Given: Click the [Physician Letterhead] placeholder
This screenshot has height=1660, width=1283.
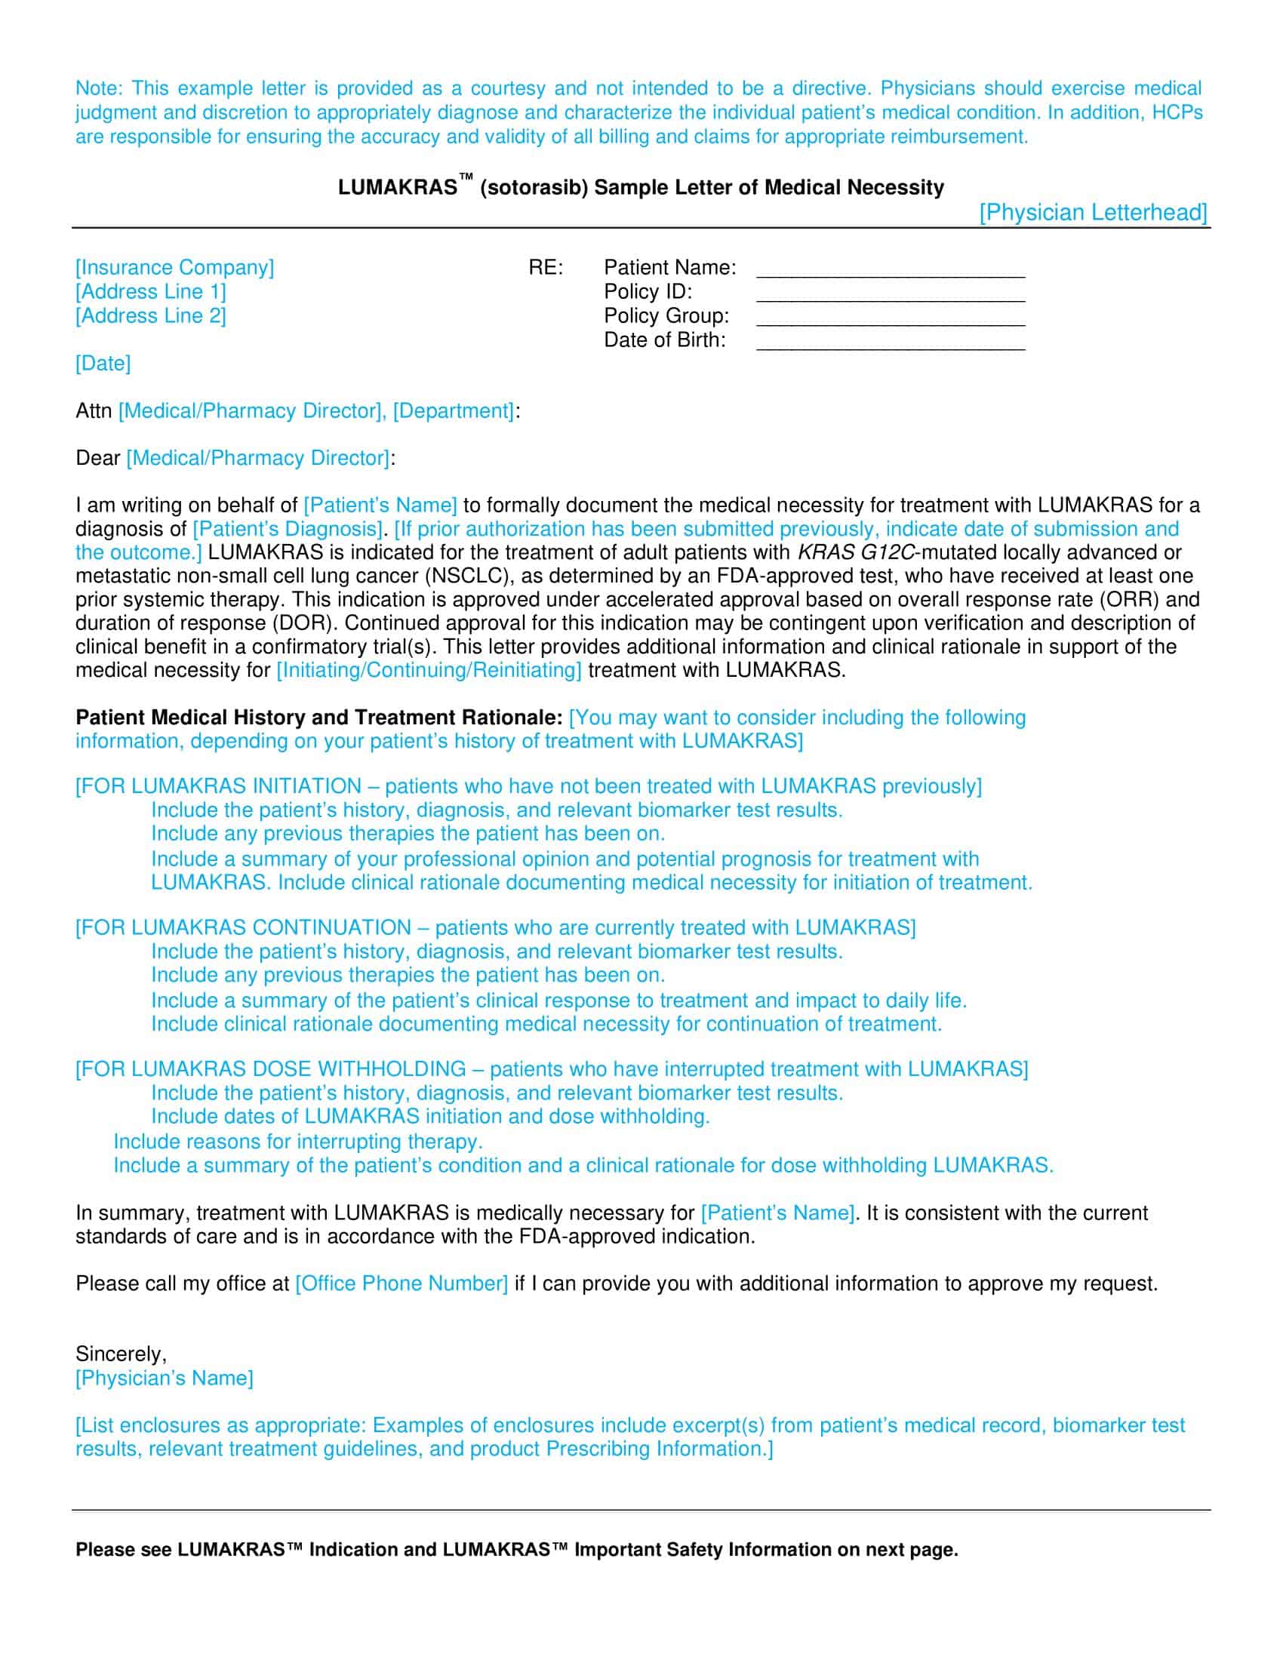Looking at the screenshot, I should [1092, 212].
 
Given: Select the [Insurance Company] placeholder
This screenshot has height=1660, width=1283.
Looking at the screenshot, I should [174, 268].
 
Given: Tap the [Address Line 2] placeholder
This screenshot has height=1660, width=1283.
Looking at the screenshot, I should [150, 315].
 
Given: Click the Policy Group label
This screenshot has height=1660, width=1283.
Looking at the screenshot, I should [666, 315].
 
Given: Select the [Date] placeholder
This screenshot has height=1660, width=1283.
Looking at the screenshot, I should [103, 364].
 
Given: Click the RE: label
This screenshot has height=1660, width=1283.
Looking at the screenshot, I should [546, 268].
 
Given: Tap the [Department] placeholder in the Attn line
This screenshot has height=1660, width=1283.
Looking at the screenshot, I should [453, 411].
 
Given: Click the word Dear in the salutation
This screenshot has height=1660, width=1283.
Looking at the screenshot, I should [98, 458].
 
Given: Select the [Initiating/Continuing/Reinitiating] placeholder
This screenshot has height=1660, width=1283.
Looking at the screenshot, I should [429, 670].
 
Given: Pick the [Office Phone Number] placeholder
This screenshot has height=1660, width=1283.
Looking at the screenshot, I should [402, 1283].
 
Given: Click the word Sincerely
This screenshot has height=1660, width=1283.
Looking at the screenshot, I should [120, 1354].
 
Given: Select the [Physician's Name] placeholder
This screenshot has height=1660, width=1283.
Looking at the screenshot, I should [165, 1378].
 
